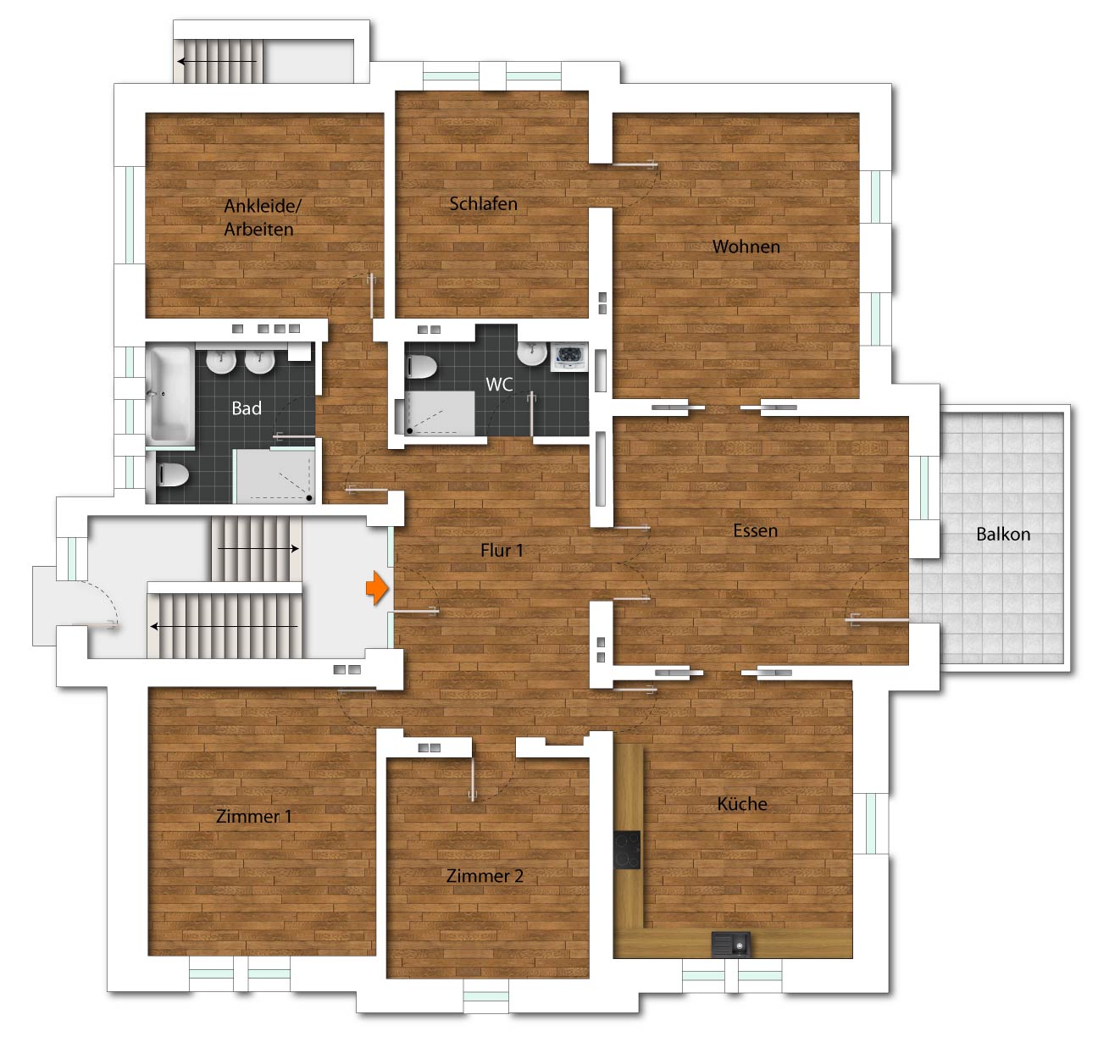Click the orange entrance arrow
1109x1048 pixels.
[x=377, y=588]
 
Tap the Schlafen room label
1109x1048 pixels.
[x=484, y=204]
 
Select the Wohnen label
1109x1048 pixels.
[x=746, y=247]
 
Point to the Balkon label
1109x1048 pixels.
[x=1003, y=534]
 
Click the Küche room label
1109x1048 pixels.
[x=742, y=804]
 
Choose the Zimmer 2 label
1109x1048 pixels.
[x=485, y=876]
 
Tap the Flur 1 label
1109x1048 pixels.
[x=502, y=550]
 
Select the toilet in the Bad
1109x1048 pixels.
[x=171, y=475]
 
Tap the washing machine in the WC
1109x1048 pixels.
[x=569, y=357]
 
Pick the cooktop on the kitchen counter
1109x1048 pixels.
[x=627, y=851]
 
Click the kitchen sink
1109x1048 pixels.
[x=731, y=944]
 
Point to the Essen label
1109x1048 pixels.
[x=755, y=530]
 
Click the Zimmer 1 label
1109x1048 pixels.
[x=254, y=816]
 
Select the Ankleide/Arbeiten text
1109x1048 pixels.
[x=262, y=217]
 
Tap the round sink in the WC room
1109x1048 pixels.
[x=531, y=353]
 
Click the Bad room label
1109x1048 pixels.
[x=247, y=408]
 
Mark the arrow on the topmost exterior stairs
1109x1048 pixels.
[x=217, y=62]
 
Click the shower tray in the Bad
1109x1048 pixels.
[x=274, y=475]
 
